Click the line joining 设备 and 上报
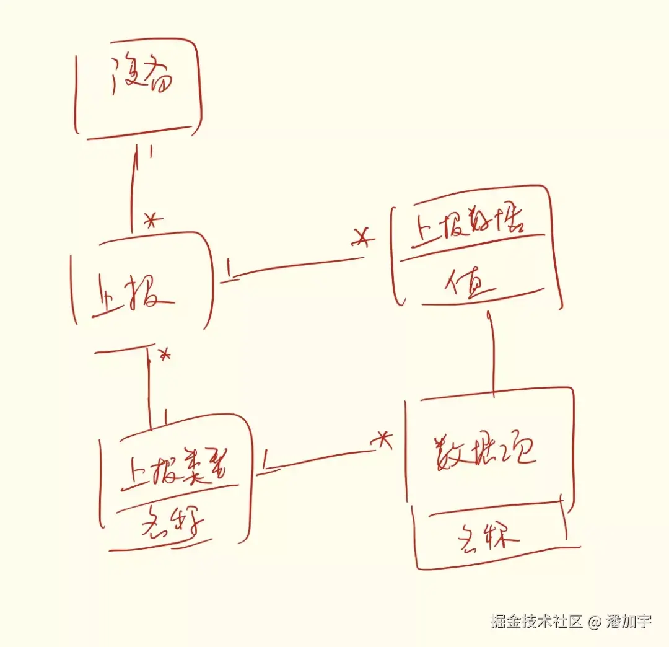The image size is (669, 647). (x=133, y=189)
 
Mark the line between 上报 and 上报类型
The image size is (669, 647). (x=150, y=384)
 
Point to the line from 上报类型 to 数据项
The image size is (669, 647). (x=319, y=460)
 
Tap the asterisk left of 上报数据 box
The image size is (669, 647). (x=364, y=237)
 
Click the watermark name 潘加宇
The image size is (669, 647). (x=629, y=622)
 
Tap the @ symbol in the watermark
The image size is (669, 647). (x=595, y=622)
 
